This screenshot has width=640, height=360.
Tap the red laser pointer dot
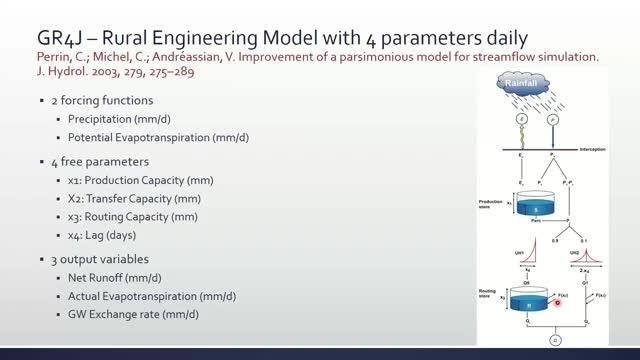[x=558, y=301]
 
